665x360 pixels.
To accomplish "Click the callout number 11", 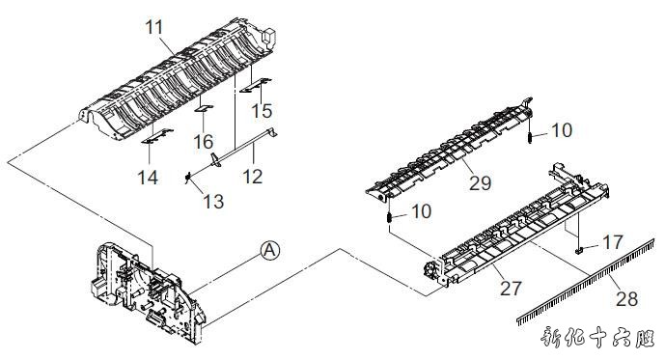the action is click(154, 27).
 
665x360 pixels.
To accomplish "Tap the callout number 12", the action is click(253, 177).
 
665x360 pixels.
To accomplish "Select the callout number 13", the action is click(213, 202).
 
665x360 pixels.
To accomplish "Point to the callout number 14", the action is click(149, 178).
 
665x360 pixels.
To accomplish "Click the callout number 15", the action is click(262, 111).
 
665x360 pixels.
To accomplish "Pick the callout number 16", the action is click(204, 142).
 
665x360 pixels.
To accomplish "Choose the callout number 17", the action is click(613, 242).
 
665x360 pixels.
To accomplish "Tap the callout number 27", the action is click(511, 289).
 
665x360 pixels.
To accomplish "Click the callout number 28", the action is click(626, 299).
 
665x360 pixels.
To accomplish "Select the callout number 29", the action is click(481, 183).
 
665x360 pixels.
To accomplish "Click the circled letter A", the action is click(270, 251).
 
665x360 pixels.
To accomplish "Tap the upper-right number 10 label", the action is click(562, 130).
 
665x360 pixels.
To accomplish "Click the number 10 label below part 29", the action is click(422, 211).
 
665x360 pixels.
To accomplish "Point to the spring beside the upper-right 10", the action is click(530, 138).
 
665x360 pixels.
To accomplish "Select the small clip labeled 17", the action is click(578, 251).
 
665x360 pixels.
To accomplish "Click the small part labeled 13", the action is click(187, 179).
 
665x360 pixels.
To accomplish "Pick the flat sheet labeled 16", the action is click(204, 108).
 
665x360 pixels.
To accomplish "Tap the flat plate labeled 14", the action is click(156, 135).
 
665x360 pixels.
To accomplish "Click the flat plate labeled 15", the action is click(256, 85).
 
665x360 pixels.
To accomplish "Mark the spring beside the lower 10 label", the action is click(389, 217).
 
